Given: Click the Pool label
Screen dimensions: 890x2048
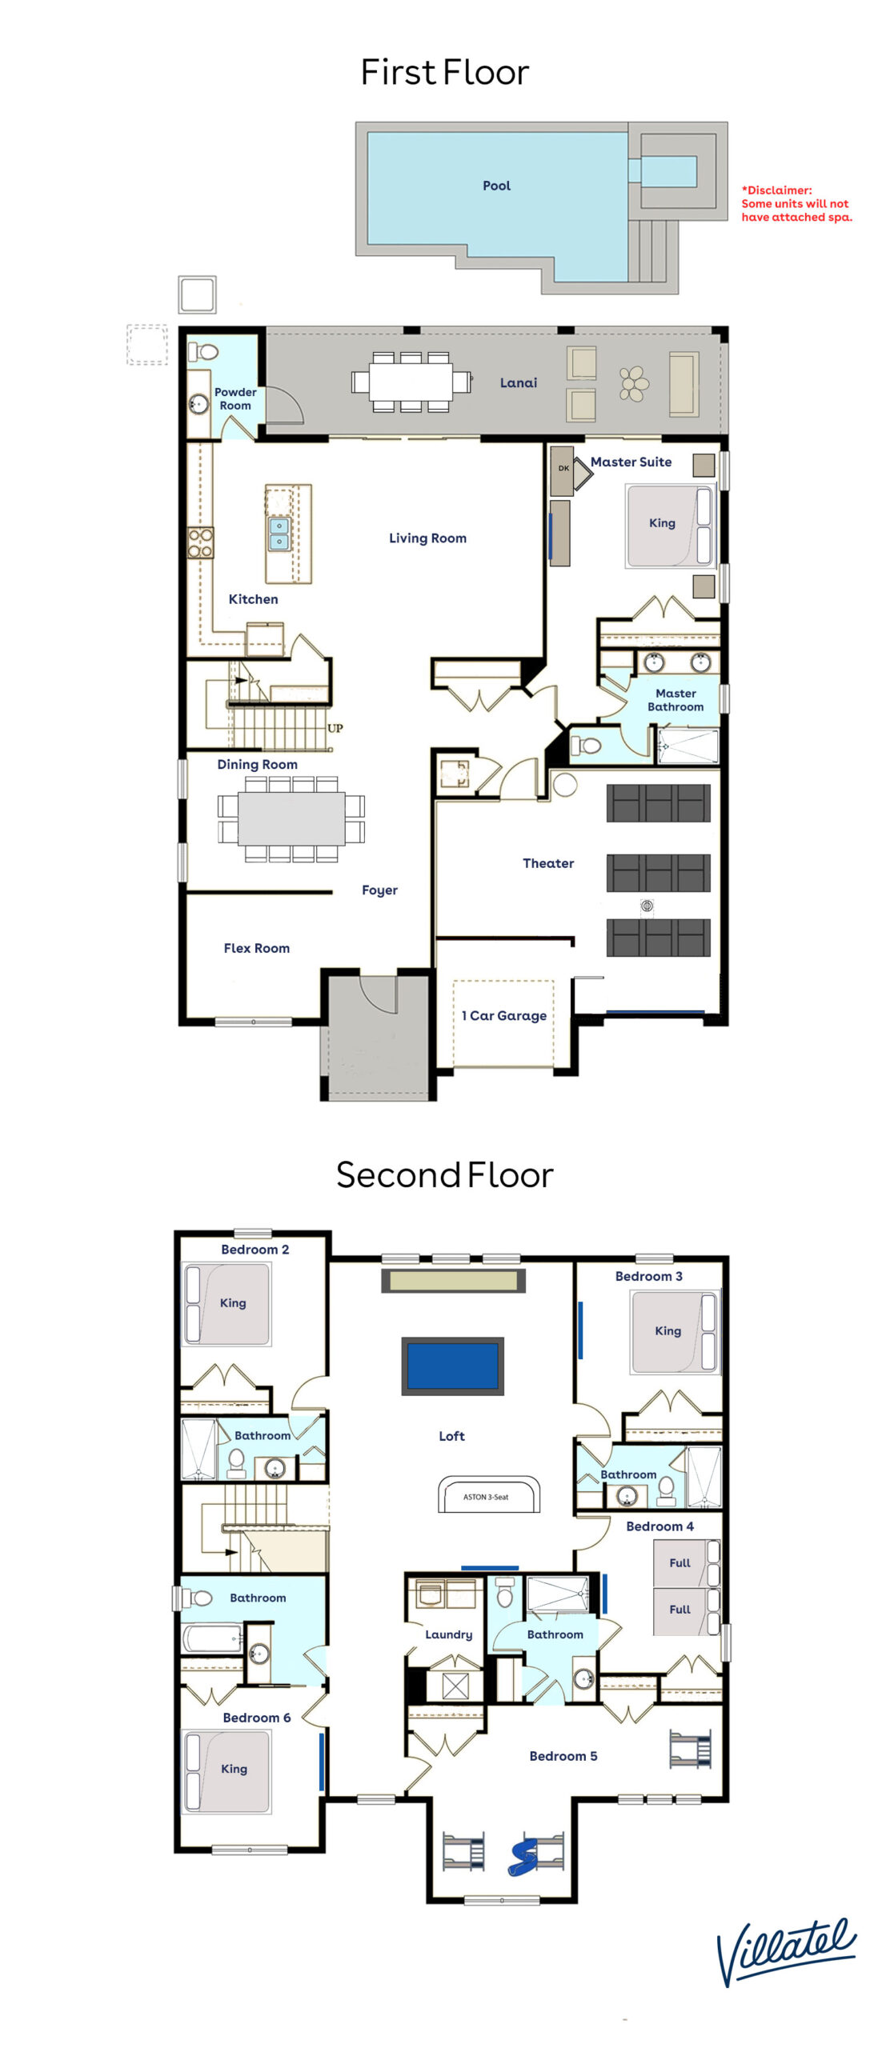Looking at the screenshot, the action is point(496,186).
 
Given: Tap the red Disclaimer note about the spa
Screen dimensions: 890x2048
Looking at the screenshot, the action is point(796,203).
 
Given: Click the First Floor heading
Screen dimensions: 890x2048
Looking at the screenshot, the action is point(445,72).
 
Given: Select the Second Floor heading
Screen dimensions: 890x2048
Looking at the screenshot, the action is point(445,1174).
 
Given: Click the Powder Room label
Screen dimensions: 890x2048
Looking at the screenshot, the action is point(235,398).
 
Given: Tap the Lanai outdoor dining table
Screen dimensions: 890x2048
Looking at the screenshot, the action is point(411,382).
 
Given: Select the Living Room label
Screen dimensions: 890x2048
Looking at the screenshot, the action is point(427,538).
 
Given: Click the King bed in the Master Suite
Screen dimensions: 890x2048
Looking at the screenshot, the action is point(669,526).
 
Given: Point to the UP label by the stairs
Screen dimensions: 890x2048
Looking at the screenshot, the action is point(335,728).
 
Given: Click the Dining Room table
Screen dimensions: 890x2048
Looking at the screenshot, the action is point(291,818).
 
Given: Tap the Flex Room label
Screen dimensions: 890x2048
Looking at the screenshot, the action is point(257,948).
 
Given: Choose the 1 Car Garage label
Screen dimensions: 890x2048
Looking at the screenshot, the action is point(504,1016).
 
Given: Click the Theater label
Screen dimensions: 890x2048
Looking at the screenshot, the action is point(548,863).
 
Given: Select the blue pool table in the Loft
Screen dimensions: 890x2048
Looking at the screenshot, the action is point(453,1366).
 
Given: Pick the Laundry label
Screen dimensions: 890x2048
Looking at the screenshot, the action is point(448,1634).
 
